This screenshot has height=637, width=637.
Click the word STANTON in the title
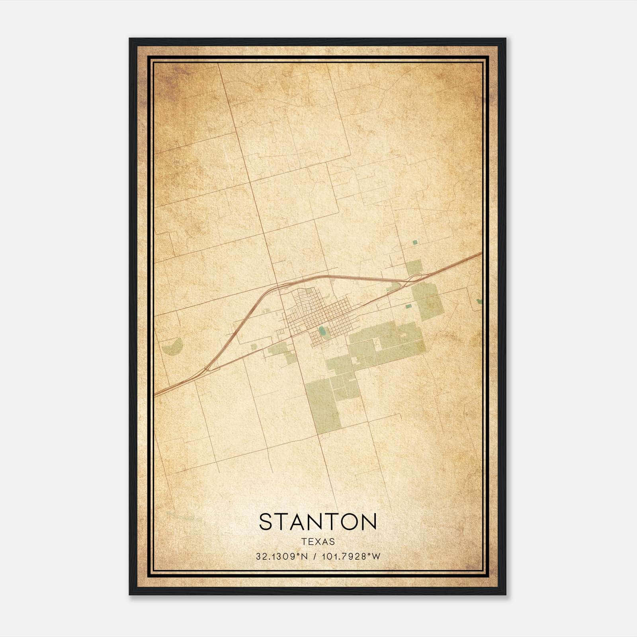(x=318, y=522)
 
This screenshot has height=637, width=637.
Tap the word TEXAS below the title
(x=318, y=541)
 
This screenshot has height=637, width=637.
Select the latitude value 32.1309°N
(x=282, y=557)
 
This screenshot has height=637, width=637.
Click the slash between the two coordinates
(x=315, y=557)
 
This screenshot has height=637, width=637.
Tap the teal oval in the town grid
(x=321, y=330)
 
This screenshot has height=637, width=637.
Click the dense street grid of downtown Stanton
(x=318, y=315)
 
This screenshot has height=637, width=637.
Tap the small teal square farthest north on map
(x=415, y=242)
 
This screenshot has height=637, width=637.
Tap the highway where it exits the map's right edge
(x=481, y=253)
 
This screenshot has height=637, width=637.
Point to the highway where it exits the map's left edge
(x=156, y=395)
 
